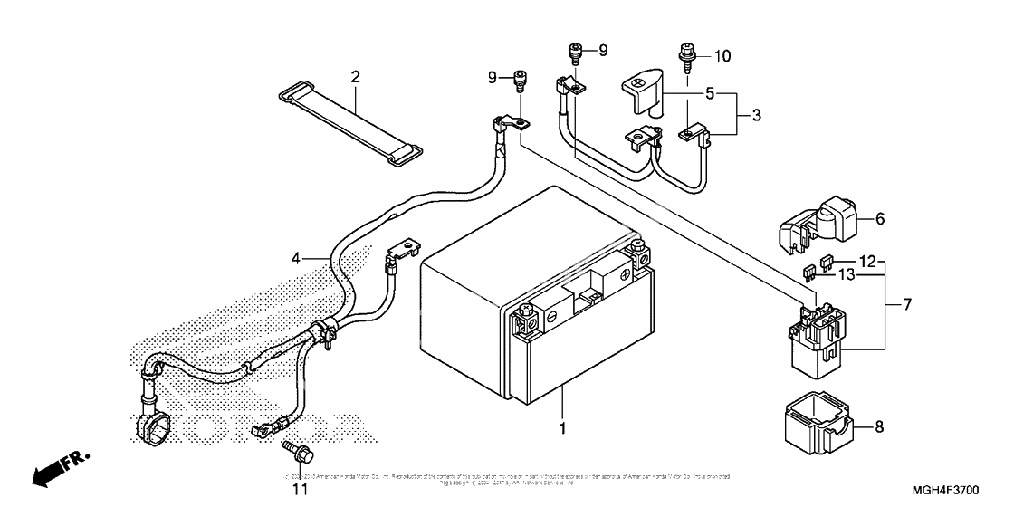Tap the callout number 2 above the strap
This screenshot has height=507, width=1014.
pyautogui.click(x=356, y=76)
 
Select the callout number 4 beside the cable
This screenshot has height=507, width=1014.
pyautogui.click(x=295, y=259)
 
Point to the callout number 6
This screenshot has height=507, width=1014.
pyautogui.click(x=880, y=219)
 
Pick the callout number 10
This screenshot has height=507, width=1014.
pyautogui.click(x=722, y=56)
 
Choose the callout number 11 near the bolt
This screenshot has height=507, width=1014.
pyautogui.click(x=300, y=490)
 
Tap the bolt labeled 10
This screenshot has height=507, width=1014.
pyautogui.click(x=685, y=57)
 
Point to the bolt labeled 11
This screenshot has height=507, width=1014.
pyautogui.click(x=292, y=448)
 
